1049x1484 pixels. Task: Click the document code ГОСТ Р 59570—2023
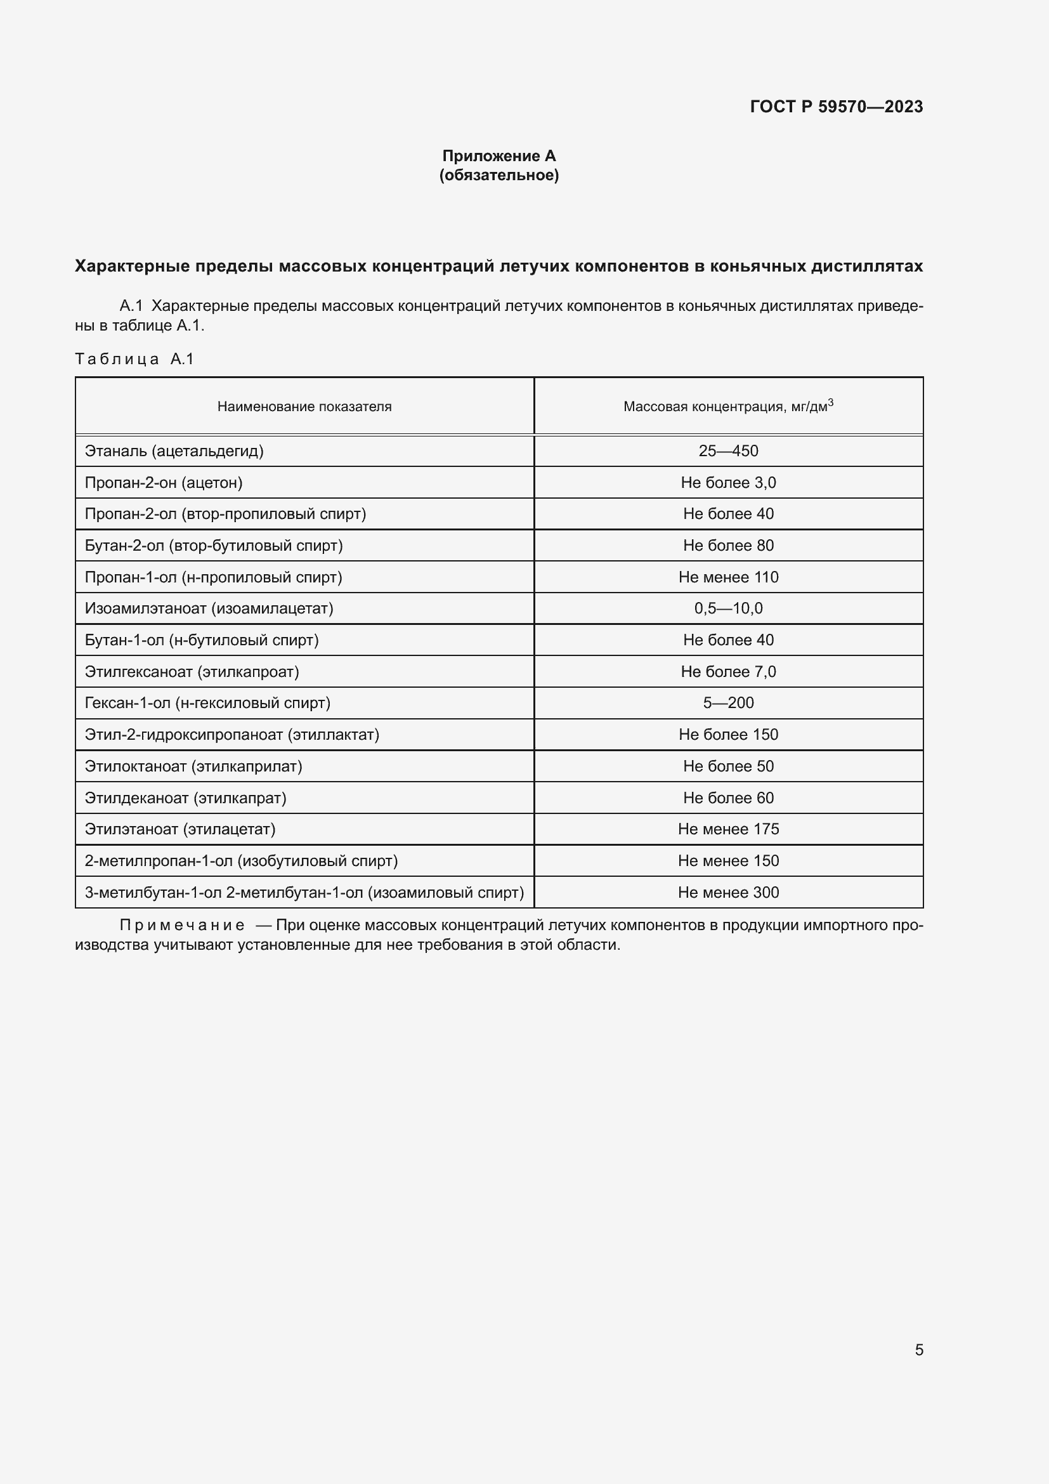(x=836, y=107)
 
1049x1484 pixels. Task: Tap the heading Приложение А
(x=498, y=156)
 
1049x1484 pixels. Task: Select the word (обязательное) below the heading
(x=498, y=175)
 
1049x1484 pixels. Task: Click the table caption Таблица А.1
(x=134, y=358)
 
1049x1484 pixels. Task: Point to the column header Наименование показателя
(x=304, y=407)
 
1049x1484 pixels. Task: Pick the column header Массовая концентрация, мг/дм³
(x=728, y=407)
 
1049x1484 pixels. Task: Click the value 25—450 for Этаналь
(x=728, y=451)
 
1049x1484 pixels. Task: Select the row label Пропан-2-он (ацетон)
(x=164, y=483)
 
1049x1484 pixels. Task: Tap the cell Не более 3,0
(x=728, y=483)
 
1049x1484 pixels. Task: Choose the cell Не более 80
(x=728, y=546)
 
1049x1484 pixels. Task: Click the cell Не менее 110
(x=728, y=577)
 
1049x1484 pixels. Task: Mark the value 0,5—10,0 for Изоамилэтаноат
(x=728, y=608)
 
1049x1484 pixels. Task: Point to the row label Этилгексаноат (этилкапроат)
(x=192, y=671)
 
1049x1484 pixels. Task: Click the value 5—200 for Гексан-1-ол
(x=728, y=702)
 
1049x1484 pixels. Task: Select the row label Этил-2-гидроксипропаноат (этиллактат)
(x=232, y=734)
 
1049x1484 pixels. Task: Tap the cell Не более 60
(x=728, y=798)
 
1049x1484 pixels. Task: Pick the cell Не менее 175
(x=728, y=829)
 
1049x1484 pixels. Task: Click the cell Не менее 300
(x=728, y=892)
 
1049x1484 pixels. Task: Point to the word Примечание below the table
(x=182, y=926)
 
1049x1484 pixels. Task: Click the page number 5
(x=918, y=1350)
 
